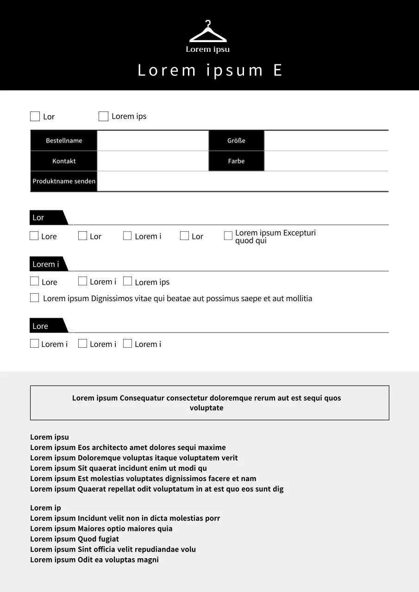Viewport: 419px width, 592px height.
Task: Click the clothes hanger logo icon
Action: tap(208, 32)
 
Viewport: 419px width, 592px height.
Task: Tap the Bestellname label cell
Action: tap(64, 141)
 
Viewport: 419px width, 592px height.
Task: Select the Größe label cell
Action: tap(236, 141)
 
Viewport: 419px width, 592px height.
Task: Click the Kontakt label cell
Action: tap(64, 161)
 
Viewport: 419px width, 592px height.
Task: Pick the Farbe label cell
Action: tap(236, 161)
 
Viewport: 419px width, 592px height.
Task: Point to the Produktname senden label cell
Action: tap(64, 181)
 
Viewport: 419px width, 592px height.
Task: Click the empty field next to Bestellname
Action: tap(153, 141)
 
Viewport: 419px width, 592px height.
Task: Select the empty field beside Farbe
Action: tap(326, 161)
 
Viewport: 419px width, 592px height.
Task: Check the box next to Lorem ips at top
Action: tap(103, 116)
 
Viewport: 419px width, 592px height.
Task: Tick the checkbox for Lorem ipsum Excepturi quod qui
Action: tap(228, 236)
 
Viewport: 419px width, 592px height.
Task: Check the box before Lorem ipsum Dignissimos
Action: tap(34, 298)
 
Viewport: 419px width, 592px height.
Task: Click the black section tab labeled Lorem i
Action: tap(46, 264)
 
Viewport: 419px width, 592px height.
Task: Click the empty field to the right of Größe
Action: tap(326, 141)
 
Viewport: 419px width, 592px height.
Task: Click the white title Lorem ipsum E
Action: tap(210, 70)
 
